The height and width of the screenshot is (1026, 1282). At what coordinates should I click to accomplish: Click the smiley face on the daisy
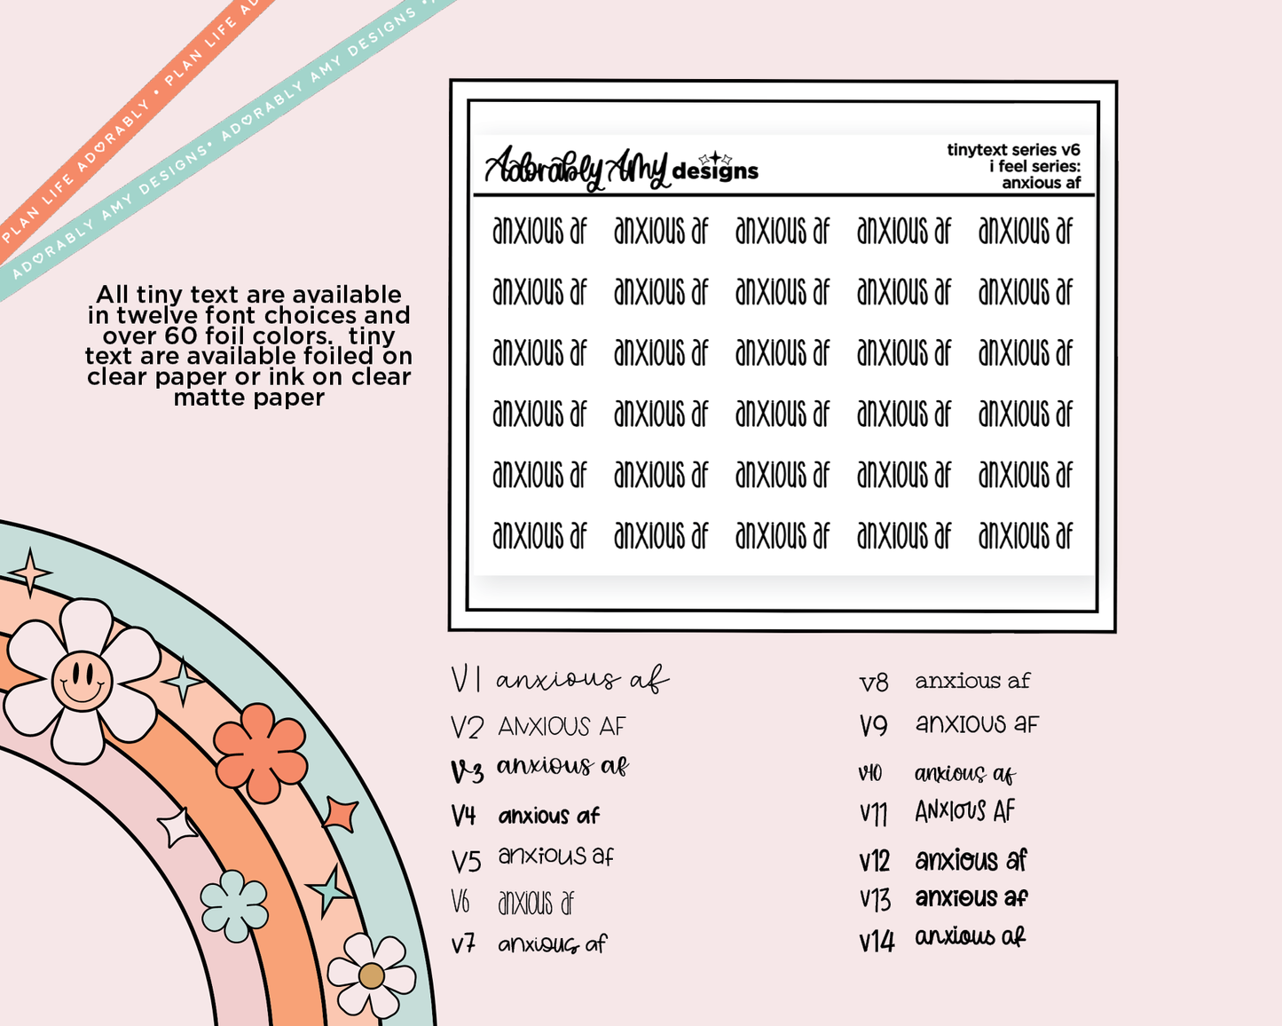click(x=82, y=682)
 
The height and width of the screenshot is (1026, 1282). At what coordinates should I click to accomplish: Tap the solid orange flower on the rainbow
click(x=260, y=753)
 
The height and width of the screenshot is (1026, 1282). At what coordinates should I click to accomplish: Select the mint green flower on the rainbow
click(x=234, y=906)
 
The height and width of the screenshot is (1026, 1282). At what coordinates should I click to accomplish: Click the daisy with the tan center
click(x=371, y=975)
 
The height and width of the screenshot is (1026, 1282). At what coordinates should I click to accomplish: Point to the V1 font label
click(x=466, y=680)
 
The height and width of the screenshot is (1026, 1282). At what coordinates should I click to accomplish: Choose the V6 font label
click(x=460, y=902)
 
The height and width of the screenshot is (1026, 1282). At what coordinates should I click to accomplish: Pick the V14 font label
click(x=877, y=941)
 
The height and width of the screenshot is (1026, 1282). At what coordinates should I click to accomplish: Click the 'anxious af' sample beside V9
click(x=977, y=724)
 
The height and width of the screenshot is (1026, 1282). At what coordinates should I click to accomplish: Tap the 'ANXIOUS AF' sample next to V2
click(x=562, y=727)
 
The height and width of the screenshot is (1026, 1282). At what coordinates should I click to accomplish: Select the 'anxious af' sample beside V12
click(x=971, y=860)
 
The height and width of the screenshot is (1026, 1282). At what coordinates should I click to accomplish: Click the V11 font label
click(x=874, y=812)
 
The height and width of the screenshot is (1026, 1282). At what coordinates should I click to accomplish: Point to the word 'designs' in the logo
click(x=715, y=171)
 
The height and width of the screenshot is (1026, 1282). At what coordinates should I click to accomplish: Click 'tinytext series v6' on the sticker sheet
click(x=1013, y=150)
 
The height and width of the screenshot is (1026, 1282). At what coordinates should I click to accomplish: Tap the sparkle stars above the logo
click(x=715, y=158)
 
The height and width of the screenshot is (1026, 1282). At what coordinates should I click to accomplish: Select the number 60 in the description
click(x=181, y=336)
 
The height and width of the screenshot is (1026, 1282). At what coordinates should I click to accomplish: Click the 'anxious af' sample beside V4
click(x=548, y=816)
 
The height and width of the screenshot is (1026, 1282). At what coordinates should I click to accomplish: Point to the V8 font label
click(x=874, y=683)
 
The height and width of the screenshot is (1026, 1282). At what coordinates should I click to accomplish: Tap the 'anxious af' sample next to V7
click(x=552, y=944)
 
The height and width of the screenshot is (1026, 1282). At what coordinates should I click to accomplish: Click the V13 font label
click(x=875, y=900)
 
